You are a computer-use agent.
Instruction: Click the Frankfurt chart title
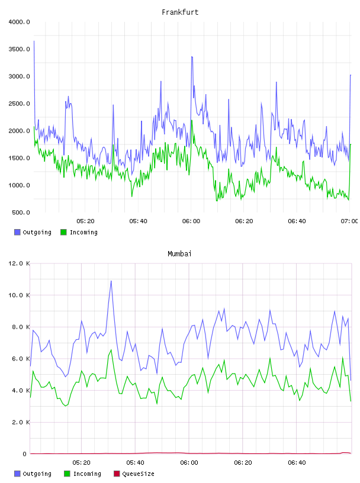click(x=180, y=12)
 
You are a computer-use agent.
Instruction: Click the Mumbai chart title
click(x=179, y=254)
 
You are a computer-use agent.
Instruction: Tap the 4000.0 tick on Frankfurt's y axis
click(x=19, y=22)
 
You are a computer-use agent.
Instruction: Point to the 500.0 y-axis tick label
click(x=21, y=212)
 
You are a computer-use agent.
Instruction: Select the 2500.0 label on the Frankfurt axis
click(x=19, y=104)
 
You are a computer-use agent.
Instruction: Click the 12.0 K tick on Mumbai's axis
click(x=19, y=263)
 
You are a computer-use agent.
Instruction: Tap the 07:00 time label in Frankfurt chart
click(x=349, y=221)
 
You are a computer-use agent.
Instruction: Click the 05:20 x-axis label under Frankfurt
click(x=85, y=221)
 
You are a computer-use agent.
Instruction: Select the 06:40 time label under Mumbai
click(x=297, y=463)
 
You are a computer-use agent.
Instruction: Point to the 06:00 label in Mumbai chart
click(x=189, y=463)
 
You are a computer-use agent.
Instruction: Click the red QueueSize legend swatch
click(x=117, y=474)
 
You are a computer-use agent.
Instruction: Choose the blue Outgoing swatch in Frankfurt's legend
click(x=17, y=232)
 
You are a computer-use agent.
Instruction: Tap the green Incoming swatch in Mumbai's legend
click(x=66, y=474)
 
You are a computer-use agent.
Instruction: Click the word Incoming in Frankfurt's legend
click(x=83, y=233)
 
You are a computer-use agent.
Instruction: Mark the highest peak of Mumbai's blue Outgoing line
click(x=111, y=281)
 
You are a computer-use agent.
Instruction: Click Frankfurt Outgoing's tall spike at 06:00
click(x=192, y=57)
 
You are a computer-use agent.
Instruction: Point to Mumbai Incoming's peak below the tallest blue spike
click(x=111, y=350)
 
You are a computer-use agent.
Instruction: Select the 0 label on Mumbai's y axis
click(x=24, y=454)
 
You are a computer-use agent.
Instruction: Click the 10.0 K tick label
click(x=19, y=295)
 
